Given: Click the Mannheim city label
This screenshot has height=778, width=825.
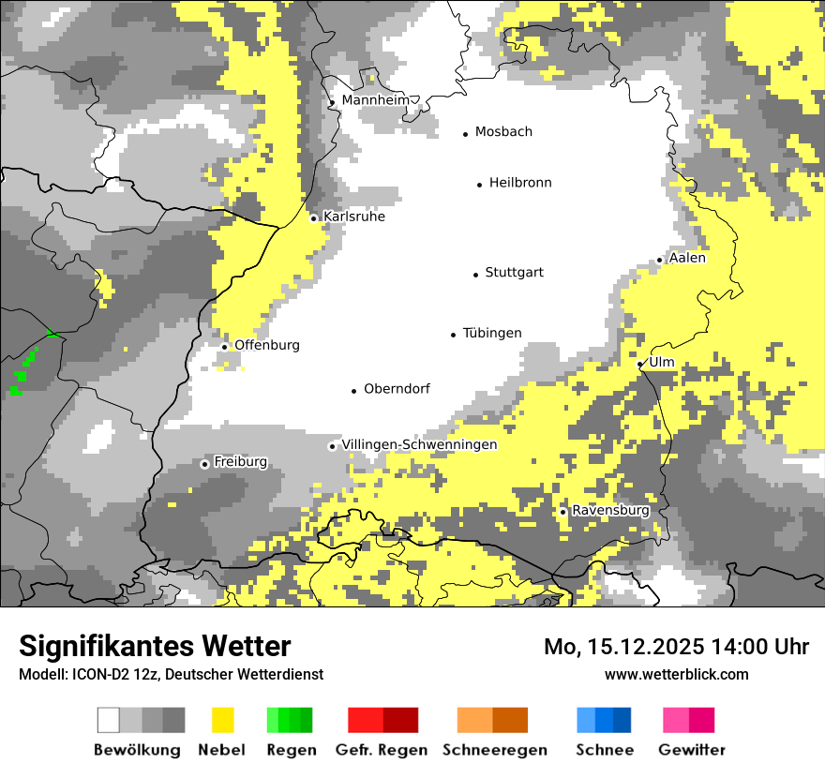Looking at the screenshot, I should point(376,100).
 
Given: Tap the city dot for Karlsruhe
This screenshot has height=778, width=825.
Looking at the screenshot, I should point(314,218).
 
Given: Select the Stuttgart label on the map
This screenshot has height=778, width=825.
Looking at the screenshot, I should point(514,273).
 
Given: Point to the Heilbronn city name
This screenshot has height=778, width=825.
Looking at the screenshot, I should point(520,183).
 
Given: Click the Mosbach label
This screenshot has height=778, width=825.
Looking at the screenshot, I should point(503,132).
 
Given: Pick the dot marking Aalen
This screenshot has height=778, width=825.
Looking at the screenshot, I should point(660,260).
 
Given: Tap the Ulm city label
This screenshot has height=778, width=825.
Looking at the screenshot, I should point(661,362).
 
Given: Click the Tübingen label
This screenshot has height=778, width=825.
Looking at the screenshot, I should point(492,334).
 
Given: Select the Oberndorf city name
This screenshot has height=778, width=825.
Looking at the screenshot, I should point(397,389).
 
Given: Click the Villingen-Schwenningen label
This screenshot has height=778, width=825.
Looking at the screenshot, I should point(419,444).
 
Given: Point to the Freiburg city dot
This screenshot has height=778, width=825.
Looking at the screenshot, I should point(204,464).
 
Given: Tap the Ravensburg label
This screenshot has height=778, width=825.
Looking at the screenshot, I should point(610,510).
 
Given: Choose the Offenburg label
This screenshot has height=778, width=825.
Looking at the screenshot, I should point(267,345).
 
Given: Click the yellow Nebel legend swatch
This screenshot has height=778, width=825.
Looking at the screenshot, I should point(222,720).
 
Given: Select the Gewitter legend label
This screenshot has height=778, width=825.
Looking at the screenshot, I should point(692,750).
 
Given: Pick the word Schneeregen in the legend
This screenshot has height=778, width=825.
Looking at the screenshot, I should point(495,750).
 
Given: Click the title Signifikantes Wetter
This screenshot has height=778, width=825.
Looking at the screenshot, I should point(155,646).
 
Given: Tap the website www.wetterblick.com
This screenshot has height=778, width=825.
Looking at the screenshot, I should point(677,674).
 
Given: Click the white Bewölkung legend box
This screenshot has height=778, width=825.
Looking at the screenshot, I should point(109,720).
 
